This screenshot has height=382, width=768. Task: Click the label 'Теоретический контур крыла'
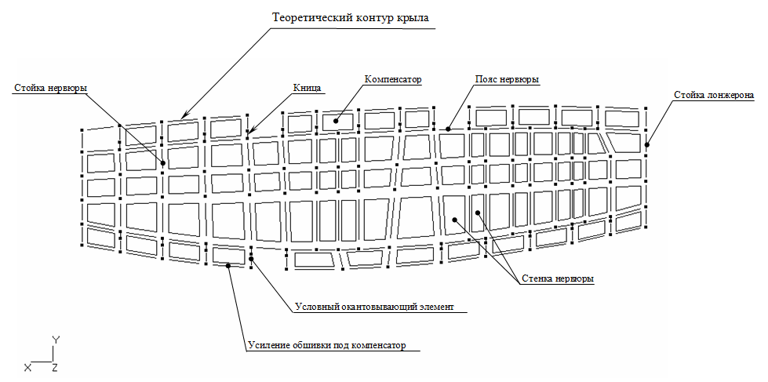pyautogui.click(x=351, y=18)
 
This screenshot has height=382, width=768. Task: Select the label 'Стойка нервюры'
pyautogui.click(x=51, y=89)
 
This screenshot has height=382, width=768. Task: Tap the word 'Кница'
pyautogui.click(x=307, y=88)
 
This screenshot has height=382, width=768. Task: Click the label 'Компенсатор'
pyautogui.click(x=393, y=79)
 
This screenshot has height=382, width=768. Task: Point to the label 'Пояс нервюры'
pyautogui.click(x=507, y=79)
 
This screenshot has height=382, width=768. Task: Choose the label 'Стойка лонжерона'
pyautogui.click(x=713, y=95)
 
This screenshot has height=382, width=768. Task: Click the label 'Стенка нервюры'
pyautogui.click(x=557, y=278)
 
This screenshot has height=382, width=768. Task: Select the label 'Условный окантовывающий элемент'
pyautogui.click(x=375, y=307)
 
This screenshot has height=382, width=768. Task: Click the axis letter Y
pyautogui.click(x=56, y=340)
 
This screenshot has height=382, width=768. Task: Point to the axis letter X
pyautogui.click(x=27, y=368)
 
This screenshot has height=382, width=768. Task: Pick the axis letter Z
pyautogui.click(x=55, y=368)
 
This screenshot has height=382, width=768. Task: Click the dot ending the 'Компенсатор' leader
pyautogui.click(x=337, y=121)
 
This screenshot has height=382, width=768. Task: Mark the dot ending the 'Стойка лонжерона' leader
pyautogui.click(x=647, y=144)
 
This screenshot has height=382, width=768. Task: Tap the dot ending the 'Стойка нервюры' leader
pyautogui.click(x=163, y=163)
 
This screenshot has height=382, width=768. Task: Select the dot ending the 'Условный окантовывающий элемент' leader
pyautogui.click(x=251, y=259)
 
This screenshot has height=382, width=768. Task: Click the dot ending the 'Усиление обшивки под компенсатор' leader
pyautogui.click(x=227, y=265)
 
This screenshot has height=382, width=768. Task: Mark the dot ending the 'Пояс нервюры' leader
pyautogui.click(x=448, y=129)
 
